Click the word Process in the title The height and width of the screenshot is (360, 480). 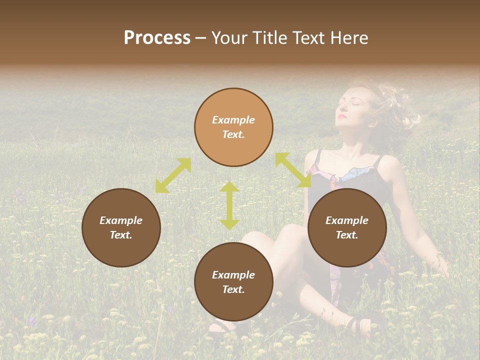pos(157,38)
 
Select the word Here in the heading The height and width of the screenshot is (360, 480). pos(348,38)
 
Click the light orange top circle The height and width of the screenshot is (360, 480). pos(233,127)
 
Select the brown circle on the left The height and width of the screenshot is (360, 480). pos(121,227)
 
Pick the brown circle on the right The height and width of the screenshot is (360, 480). pos(347,227)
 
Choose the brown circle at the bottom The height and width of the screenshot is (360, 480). pos(233,282)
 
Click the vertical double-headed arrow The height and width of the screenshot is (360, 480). pos(229,205)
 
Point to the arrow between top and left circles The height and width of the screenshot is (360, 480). pos(173,175)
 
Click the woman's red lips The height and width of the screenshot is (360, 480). pos(342,116)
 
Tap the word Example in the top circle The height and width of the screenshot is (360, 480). pos(233,120)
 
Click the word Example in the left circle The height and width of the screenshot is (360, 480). pos(121,220)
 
